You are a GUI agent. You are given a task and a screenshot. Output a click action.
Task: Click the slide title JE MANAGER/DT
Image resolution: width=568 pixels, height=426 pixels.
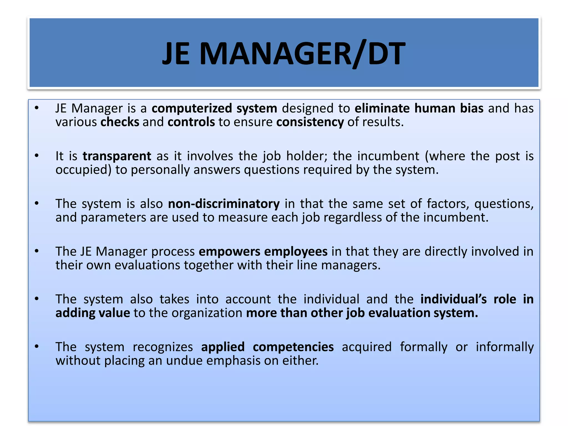point(284,53)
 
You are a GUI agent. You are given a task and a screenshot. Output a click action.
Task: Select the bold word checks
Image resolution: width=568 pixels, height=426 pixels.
point(120,122)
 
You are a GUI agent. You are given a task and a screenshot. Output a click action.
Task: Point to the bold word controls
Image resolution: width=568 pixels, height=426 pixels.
point(191,122)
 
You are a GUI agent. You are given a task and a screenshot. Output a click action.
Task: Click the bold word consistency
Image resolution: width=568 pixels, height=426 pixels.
point(310,122)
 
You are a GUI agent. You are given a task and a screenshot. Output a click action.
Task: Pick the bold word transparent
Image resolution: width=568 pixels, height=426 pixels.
point(117,156)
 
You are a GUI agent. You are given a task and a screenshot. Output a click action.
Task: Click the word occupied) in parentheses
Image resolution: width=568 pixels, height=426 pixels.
point(83,170)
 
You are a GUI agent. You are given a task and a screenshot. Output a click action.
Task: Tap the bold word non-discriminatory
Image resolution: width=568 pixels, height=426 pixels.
point(224,204)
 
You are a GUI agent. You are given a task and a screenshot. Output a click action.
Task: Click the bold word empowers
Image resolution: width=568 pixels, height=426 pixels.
point(229,251)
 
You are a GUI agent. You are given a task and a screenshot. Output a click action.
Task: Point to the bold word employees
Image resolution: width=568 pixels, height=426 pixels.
point(296,251)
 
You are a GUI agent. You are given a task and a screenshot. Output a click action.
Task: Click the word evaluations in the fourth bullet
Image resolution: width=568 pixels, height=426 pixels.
point(147,265)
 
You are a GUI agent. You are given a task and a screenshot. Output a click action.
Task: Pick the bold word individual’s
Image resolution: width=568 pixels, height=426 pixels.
point(453,299)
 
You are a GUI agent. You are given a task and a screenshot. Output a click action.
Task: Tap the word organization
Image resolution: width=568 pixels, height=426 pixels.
point(207,313)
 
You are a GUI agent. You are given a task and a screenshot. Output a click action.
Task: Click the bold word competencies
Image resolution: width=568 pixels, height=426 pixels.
point(293,347)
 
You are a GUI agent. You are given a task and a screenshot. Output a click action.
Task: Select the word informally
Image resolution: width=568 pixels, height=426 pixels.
point(504,347)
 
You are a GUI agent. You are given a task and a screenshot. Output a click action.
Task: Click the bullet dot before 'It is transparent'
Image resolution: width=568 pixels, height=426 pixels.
point(37,156)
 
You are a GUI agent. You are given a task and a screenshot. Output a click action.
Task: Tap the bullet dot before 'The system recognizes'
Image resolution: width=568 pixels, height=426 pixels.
point(37,347)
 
